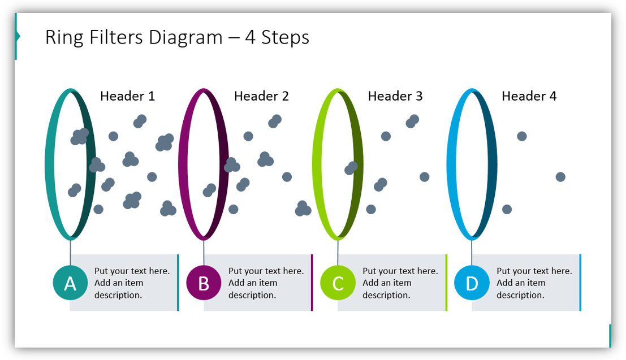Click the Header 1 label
127,97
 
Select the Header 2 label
261,97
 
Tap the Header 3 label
395,97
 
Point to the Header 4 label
529,97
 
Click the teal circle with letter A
70,283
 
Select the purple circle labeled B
204,283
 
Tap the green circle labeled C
338,283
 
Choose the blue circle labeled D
472,283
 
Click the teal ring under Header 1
48,164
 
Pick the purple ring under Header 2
182,164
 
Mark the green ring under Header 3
316,164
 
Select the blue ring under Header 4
450,164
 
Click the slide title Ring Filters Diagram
177,37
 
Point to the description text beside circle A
132,283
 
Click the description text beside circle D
534,283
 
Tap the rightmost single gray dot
560,177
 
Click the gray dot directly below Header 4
522,136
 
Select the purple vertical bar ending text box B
312,283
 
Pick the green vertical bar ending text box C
446,283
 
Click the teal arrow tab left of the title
17,37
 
